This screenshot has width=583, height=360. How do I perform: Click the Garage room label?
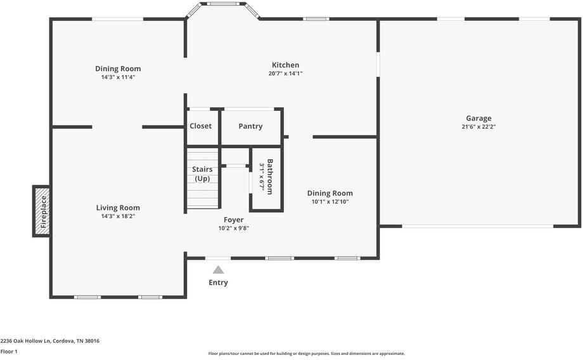click(478, 118)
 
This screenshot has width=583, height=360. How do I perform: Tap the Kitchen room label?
click(285, 65)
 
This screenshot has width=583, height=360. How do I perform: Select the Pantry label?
click(250, 126)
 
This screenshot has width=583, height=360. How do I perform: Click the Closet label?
click(201, 126)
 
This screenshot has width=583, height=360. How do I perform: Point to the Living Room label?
click(118, 207)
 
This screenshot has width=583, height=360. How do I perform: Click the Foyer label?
click(233, 220)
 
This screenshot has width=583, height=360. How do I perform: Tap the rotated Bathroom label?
click(270, 176)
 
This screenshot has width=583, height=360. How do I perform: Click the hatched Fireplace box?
click(42, 211)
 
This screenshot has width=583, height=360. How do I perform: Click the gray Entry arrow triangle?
click(218, 269)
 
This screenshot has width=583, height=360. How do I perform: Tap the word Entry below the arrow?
click(218, 283)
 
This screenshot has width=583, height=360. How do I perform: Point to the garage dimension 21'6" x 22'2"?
click(478, 127)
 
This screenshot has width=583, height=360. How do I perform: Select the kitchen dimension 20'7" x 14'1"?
click(285, 74)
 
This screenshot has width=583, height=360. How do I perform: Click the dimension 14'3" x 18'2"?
click(118, 216)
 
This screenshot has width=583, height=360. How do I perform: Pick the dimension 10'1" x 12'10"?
click(330, 202)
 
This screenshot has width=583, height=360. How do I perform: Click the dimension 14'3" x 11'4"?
click(118, 77)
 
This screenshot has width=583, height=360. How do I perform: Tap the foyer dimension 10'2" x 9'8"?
click(233, 228)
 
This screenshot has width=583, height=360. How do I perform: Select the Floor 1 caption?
click(9, 351)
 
